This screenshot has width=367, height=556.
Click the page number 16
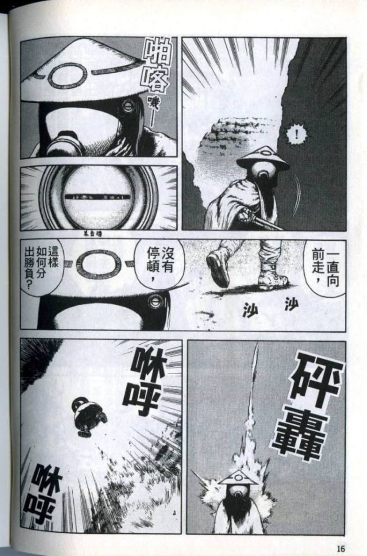point(341,540)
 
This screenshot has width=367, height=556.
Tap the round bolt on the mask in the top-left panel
point(127,106)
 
